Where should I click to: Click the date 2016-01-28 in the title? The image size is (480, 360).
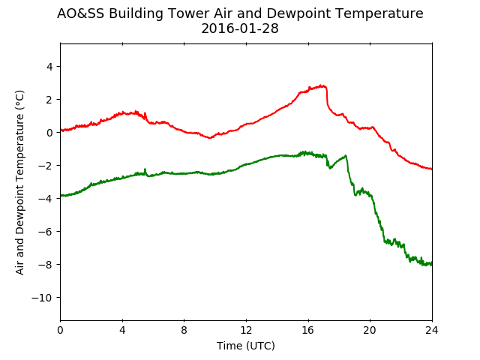coord(240,28)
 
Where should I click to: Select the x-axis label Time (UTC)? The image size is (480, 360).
coord(246,346)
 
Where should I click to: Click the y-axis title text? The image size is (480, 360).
coord(19,182)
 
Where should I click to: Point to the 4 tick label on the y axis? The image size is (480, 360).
coord(49,67)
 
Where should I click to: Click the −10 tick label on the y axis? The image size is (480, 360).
coord(42,298)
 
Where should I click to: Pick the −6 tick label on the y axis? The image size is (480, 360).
coord(45,232)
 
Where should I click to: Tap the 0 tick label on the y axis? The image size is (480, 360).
coord(49,133)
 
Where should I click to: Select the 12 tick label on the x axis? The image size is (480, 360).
coord(246,330)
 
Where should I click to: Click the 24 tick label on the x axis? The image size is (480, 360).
coord(432,330)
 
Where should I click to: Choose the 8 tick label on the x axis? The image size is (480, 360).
coord(184,330)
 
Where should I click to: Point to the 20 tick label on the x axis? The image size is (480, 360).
coord(370,330)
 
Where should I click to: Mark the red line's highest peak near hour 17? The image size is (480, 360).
coord(321,85)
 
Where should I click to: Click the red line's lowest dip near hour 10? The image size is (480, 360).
coord(210,138)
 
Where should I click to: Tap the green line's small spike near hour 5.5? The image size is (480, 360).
coord(145,169)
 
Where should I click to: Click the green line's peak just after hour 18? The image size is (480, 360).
coord(346,155)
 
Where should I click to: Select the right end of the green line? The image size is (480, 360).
coord(432,264)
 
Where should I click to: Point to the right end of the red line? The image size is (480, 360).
coord(432,169)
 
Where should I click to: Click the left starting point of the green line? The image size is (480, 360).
coord(61,195)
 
